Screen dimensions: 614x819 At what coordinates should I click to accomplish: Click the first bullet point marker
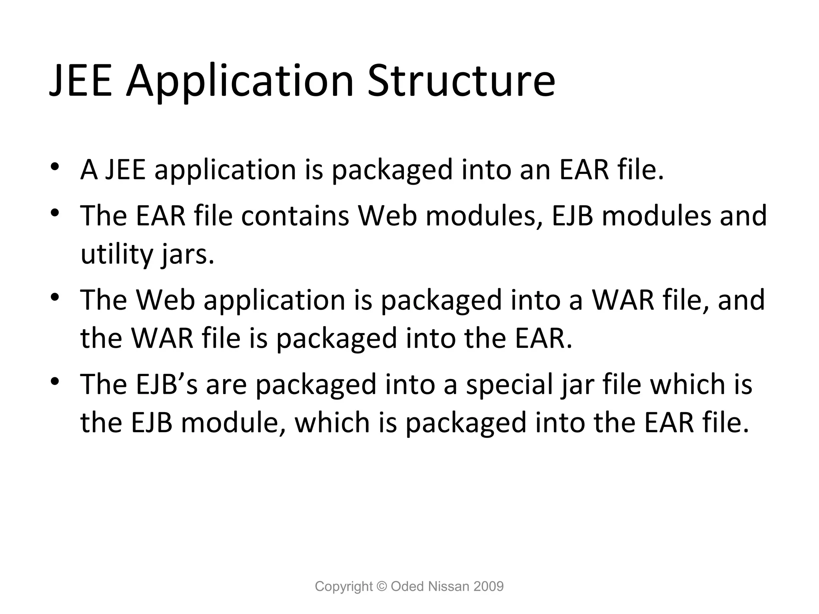[55, 167]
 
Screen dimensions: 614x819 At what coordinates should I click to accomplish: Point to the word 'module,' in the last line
[234, 423]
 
